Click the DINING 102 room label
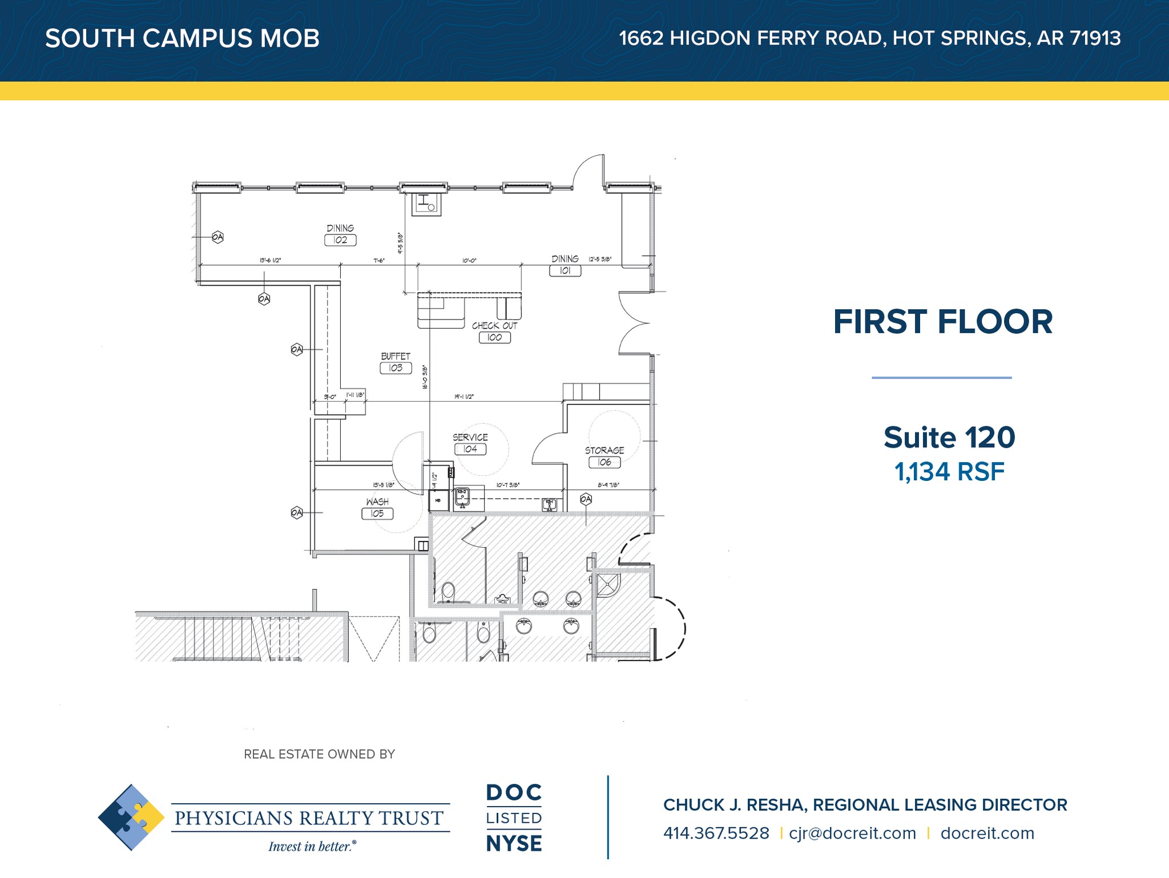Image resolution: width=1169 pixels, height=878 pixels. [x=340, y=234]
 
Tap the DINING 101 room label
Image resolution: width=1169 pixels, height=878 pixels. [x=565, y=265]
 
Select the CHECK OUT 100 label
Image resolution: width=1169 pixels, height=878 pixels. [x=494, y=331]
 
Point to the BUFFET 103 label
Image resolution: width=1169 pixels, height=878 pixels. [x=396, y=362]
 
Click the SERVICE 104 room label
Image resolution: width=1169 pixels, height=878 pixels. [x=470, y=443]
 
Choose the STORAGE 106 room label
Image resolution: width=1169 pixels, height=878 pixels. [x=604, y=456]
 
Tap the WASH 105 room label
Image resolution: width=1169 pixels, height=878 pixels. [x=377, y=508]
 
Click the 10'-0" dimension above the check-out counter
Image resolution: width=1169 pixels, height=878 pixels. [x=469, y=261]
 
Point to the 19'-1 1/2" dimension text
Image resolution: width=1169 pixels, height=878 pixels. [x=463, y=396]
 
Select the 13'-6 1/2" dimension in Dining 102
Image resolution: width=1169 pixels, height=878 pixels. [x=270, y=261]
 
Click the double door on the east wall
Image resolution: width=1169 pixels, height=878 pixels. [x=634, y=323]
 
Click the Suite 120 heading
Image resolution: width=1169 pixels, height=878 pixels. [x=949, y=438]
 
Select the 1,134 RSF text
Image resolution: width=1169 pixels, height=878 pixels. [x=949, y=472]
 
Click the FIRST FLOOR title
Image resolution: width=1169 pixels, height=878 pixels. [x=943, y=322]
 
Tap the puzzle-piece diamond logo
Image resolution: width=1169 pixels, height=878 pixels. [x=132, y=817]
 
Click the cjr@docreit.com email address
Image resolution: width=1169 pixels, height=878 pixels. [x=852, y=833]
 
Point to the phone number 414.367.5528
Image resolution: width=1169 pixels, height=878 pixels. [x=716, y=833]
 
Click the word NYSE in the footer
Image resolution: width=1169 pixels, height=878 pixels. [x=514, y=843]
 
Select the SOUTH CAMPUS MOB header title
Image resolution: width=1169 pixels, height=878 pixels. [x=182, y=39]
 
